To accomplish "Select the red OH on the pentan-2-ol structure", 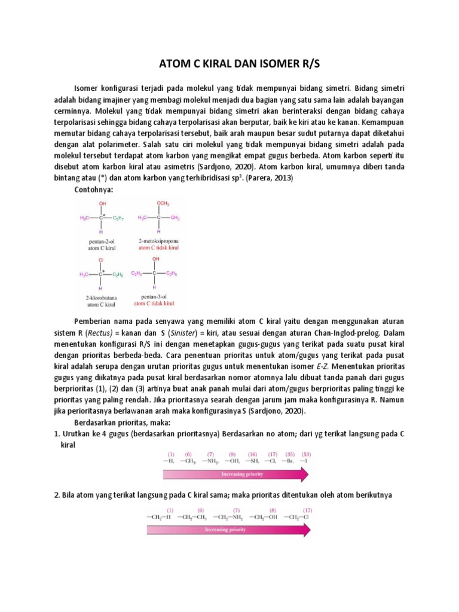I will click(x=104, y=204).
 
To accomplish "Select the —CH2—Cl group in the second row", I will click(x=298, y=517).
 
